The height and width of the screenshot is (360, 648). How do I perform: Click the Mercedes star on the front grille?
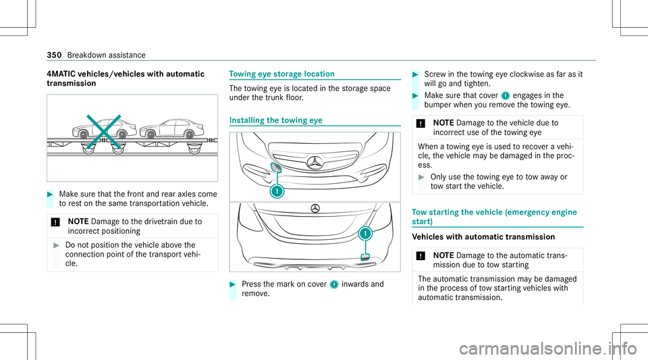(314, 163)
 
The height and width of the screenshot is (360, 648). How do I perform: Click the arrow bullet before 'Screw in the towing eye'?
(421, 74)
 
